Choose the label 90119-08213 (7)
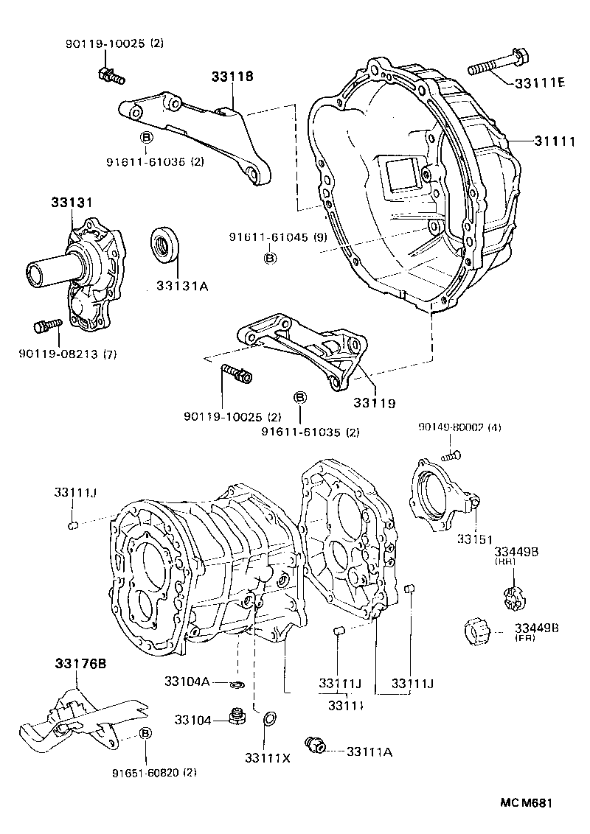point(68,354)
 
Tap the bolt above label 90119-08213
point(46,325)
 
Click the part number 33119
point(374,403)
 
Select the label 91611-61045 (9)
point(267,238)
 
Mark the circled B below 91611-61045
point(270,258)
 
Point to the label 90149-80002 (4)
point(459,427)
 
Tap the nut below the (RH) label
point(512,595)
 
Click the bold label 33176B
point(80,664)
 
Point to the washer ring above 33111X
point(269,718)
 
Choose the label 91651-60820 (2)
point(154,773)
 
